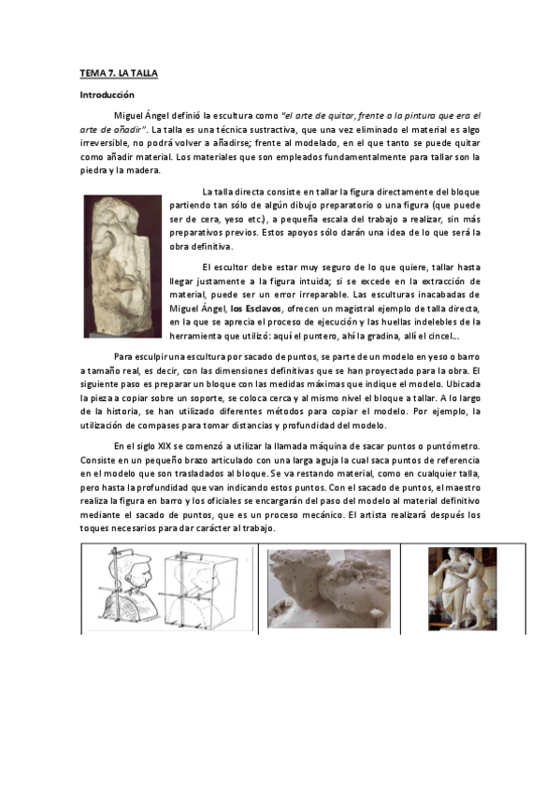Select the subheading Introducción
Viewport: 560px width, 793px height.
tap(107, 94)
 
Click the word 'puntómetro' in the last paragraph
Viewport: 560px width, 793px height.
tap(451, 447)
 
